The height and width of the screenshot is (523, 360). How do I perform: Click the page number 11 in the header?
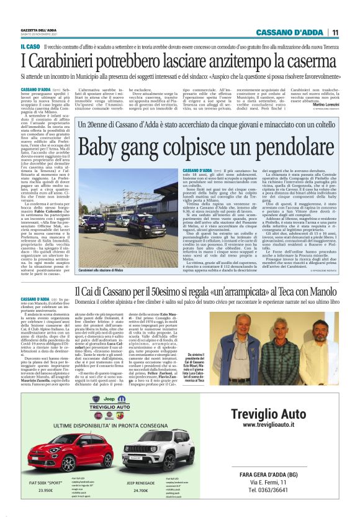click(x=335, y=33)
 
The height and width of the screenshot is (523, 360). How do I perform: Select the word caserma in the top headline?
click(x=308, y=61)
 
